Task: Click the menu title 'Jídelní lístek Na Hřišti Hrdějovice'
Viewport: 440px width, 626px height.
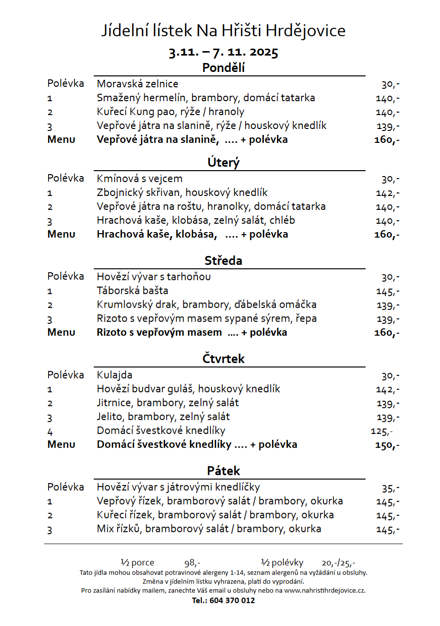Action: pyautogui.click(x=223, y=31)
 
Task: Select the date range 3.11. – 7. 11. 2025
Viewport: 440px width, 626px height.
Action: pyautogui.click(x=223, y=52)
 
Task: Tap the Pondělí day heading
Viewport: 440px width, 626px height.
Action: pyautogui.click(x=223, y=68)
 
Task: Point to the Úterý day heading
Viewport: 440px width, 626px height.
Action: pyautogui.click(x=223, y=162)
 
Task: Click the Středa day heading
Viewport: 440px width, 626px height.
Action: pyautogui.click(x=223, y=260)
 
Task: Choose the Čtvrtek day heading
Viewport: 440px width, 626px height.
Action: pyautogui.click(x=223, y=359)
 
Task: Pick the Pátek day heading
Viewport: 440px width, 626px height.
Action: pyautogui.click(x=223, y=471)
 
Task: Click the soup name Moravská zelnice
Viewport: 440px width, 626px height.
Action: pyautogui.click(x=137, y=84)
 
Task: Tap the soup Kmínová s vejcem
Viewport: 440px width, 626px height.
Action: pyautogui.click(x=139, y=179)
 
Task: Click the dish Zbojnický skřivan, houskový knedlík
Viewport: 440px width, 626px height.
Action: pyautogui.click(x=182, y=192)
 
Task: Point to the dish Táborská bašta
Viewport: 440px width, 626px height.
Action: pyautogui.click(x=132, y=291)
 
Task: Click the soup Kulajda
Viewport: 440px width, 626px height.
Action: pyautogui.click(x=115, y=375)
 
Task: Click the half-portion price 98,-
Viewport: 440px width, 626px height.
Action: pyautogui.click(x=192, y=563)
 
